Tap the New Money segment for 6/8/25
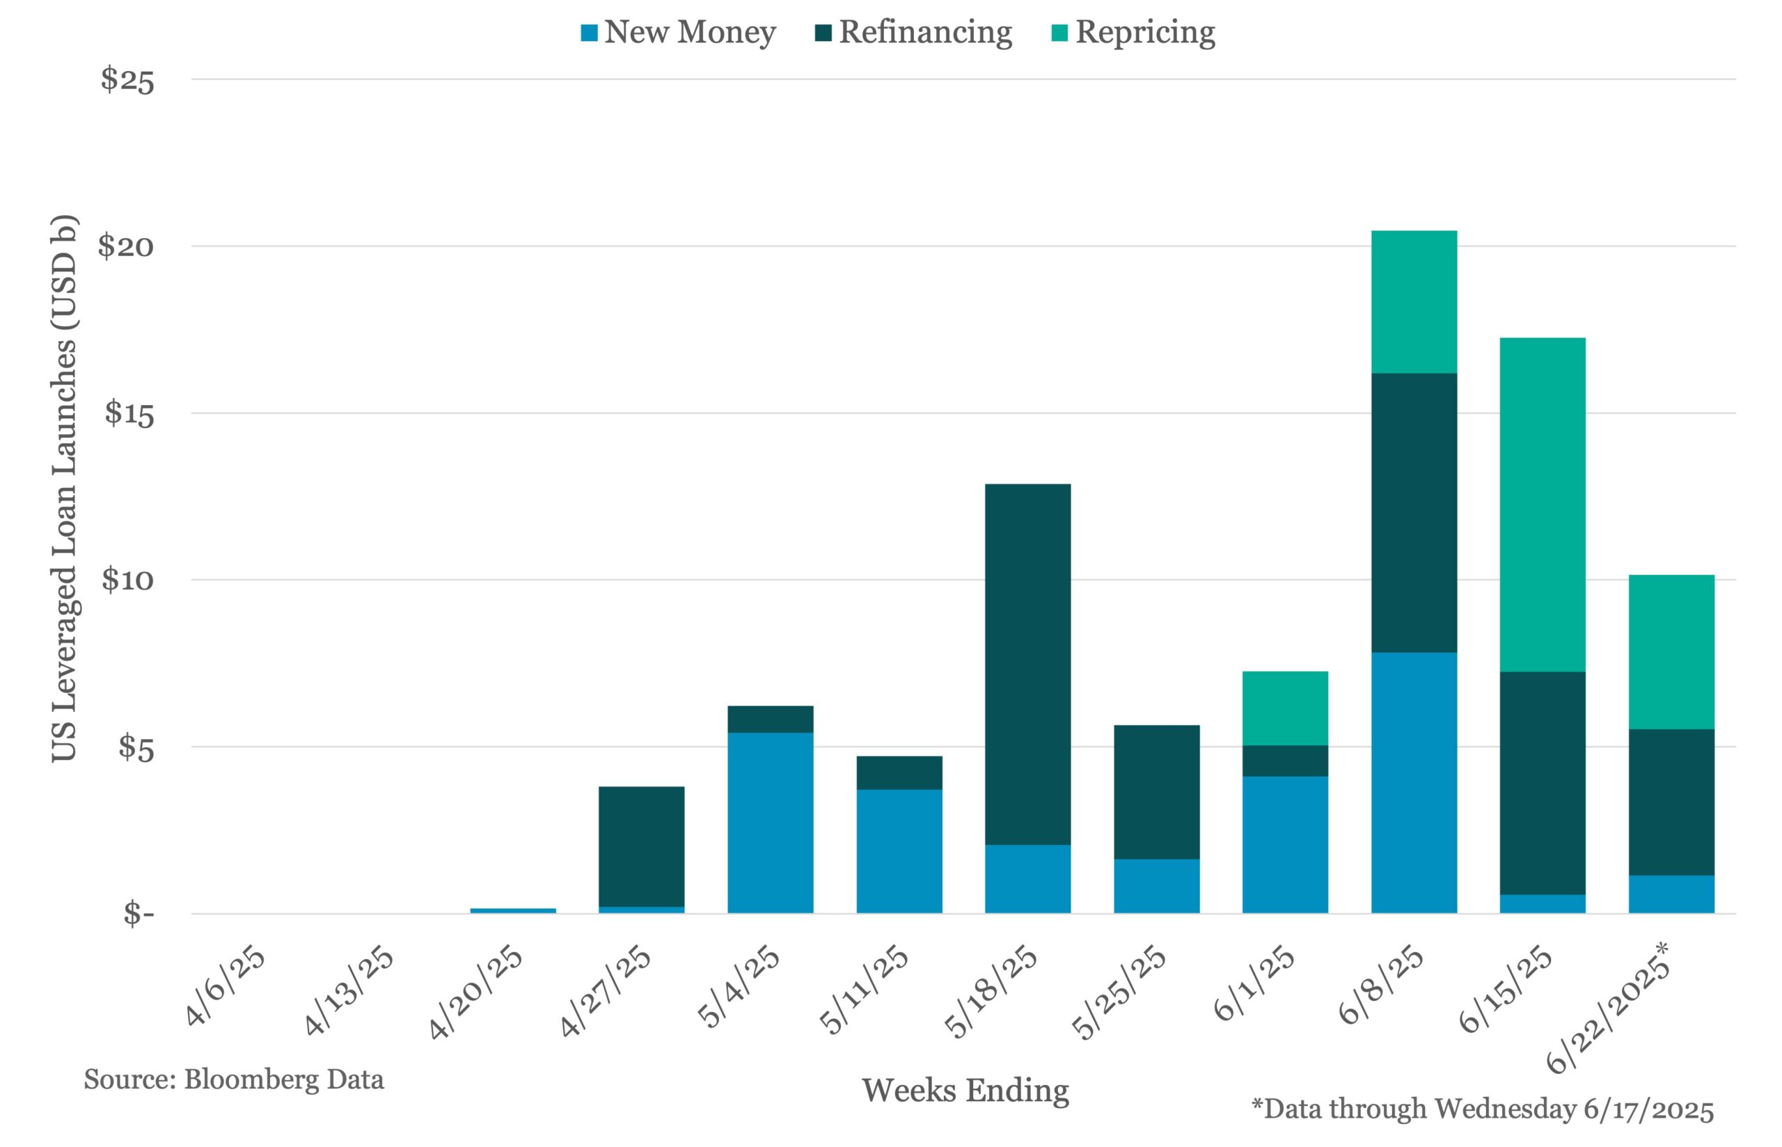point(1413,782)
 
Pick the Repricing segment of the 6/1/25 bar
point(1284,708)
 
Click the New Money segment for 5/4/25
point(770,822)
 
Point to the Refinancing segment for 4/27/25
point(641,846)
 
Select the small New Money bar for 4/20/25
point(513,910)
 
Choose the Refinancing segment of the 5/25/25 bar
point(1156,792)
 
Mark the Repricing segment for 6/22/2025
point(1671,651)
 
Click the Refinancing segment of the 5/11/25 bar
point(899,773)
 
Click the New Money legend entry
point(679,32)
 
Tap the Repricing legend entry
point(1133,32)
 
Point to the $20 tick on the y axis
point(126,246)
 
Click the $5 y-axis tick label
point(134,747)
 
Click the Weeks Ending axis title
point(965,1091)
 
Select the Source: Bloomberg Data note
point(234,1079)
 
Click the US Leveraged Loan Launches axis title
point(64,489)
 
